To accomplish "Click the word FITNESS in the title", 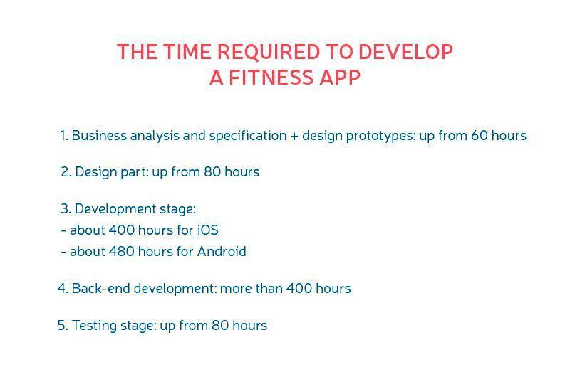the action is click(x=271, y=78).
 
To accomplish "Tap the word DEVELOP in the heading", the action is click(x=405, y=51).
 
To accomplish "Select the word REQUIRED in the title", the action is click(x=269, y=52).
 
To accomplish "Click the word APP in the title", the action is click(x=340, y=78).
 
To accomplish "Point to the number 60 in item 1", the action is click(x=479, y=135).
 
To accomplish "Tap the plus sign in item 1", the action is click(x=294, y=136).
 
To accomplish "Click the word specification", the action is click(x=248, y=136).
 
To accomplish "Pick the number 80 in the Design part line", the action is click(x=212, y=171).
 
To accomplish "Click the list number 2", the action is click(x=66, y=171).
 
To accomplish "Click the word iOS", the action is click(x=208, y=230).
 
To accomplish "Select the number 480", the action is click(x=121, y=251).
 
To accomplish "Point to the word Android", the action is click(x=222, y=251).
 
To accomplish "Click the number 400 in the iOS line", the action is click(x=121, y=230).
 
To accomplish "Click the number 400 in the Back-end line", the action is click(x=299, y=289).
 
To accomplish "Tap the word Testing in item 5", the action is click(x=94, y=326).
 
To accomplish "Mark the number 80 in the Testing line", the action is click(x=220, y=326).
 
